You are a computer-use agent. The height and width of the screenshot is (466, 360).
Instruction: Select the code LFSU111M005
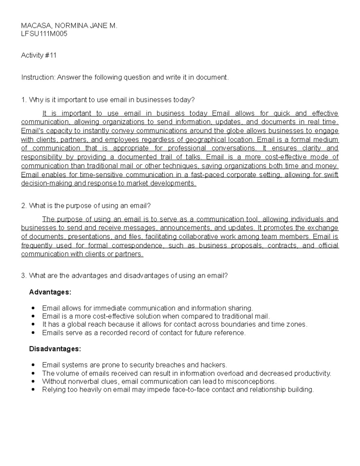point(44,34)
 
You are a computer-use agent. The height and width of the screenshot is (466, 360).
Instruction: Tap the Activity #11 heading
point(39,56)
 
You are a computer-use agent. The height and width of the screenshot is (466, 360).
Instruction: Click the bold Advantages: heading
point(50,292)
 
